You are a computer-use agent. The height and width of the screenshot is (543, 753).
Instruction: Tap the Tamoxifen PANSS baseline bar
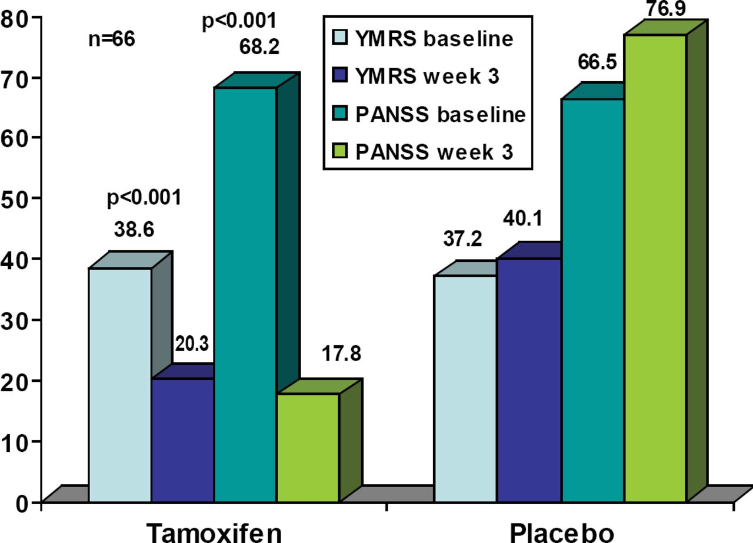[245, 294]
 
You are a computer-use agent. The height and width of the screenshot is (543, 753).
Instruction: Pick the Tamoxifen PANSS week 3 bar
[308, 447]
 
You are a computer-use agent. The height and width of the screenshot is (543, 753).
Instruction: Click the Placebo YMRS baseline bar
[465, 388]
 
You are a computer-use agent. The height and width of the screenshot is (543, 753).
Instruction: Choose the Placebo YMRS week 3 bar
[528, 379]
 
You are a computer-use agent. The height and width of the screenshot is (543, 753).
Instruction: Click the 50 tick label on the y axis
[16, 198]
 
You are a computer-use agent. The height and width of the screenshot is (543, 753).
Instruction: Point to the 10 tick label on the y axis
[16, 441]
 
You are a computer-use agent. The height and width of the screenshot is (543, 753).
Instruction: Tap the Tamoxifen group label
[214, 532]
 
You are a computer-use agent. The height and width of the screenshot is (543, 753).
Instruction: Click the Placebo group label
[562, 532]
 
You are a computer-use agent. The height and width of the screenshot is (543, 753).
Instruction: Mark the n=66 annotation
[111, 40]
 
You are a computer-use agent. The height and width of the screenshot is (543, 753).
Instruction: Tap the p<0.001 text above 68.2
[238, 22]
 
